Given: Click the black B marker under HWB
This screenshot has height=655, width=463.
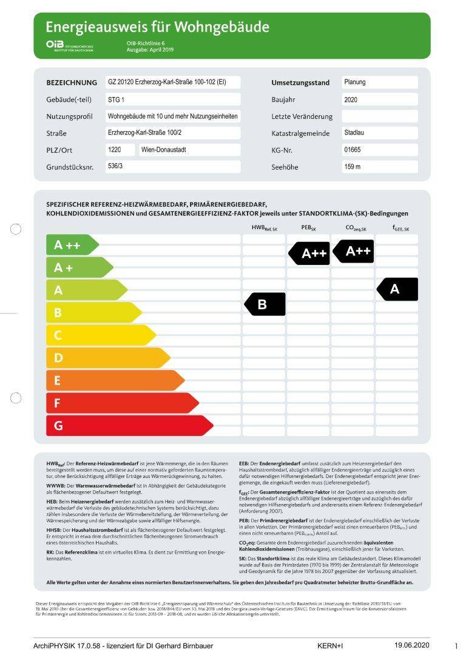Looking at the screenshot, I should pyautogui.click(x=265, y=304).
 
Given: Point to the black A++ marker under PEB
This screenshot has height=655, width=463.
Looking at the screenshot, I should pyautogui.click(x=309, y=254).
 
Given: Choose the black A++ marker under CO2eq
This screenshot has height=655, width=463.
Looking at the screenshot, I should pyautogui.click(x=353, y=250).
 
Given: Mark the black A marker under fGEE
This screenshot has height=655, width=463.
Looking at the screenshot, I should pyautogui.click(x=397, y=289).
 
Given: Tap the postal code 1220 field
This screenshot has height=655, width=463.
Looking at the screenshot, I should pyautogui.click(x=120, y=150).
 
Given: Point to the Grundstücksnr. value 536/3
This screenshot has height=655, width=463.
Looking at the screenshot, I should pyautogui.click(x=172, y=166).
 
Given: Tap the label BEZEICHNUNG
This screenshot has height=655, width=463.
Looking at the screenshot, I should pyautogui.click(x=72, y=82).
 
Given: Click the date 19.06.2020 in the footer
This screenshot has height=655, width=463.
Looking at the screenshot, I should pyautogui.click(x=412, y=645).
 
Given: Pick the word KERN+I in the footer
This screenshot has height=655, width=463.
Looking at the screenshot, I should pyautogui.click(x=330, y=646).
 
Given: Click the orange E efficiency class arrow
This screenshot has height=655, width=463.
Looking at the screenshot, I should pyautogui.click(x=115, y=380).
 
